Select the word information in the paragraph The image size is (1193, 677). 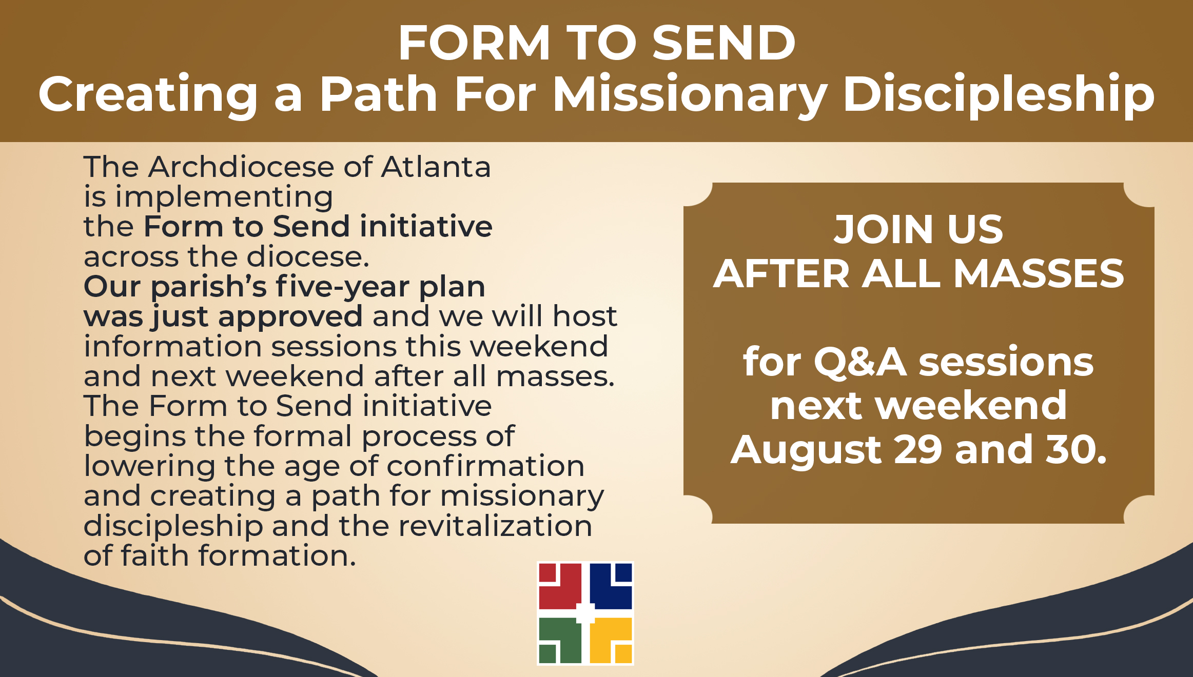pos(173,346)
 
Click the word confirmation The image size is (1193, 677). pos(485,466)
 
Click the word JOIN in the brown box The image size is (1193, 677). pos(883,229)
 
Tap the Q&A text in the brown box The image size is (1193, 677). pos(860,363)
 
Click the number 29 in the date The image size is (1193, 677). pos(917,449)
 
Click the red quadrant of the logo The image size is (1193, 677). pos(560,586)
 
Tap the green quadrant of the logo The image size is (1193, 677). pos(560,641)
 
